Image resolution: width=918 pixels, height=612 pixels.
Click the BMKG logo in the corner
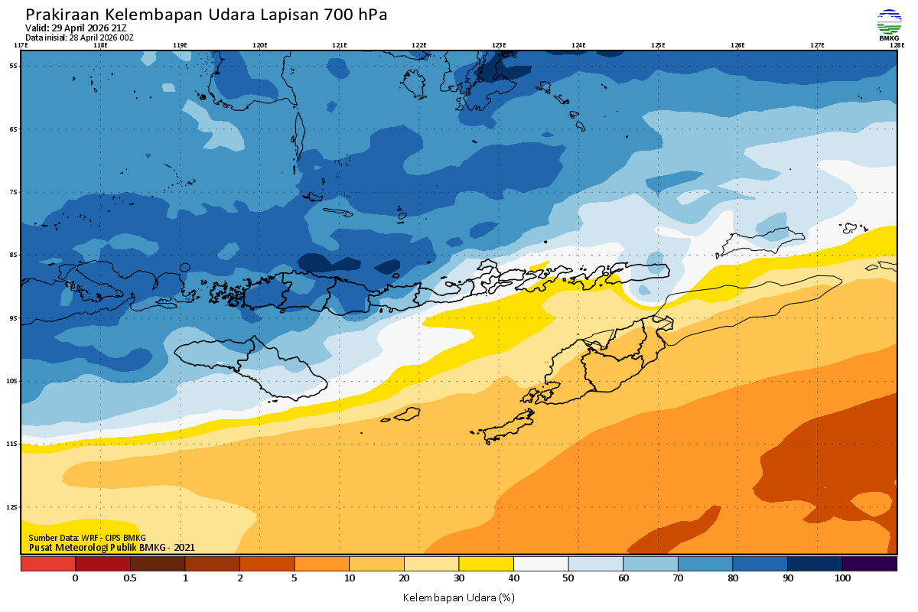[x=888, y=24]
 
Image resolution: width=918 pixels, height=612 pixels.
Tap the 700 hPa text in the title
[x=356, y=15]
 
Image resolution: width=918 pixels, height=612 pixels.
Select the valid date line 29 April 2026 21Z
[x=76, y=28]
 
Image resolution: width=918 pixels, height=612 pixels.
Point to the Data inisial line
[x=80, y=37]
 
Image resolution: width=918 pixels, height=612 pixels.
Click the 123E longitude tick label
[x=499, y=45]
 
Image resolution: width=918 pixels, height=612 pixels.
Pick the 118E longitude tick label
[x=99, y=45]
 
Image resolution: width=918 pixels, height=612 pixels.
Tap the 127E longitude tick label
[x=817, y=45]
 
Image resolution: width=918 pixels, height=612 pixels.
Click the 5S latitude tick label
[x=14, y=66]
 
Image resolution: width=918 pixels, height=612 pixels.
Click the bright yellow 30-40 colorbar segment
[x=486, y=564]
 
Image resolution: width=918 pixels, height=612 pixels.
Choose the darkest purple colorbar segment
[x=869, y=564]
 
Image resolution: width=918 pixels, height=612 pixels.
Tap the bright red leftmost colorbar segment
[x=47, y=564]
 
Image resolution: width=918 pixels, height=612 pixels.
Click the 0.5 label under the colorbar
[x=130, y=578]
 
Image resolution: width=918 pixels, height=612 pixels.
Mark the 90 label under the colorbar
[x=787, y=578]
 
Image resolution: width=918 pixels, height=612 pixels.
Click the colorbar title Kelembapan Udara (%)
[x=458, y=597]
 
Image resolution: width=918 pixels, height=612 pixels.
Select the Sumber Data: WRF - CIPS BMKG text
[x=87, y=538]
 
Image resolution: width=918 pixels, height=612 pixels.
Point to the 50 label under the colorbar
[x=568, y=578]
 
